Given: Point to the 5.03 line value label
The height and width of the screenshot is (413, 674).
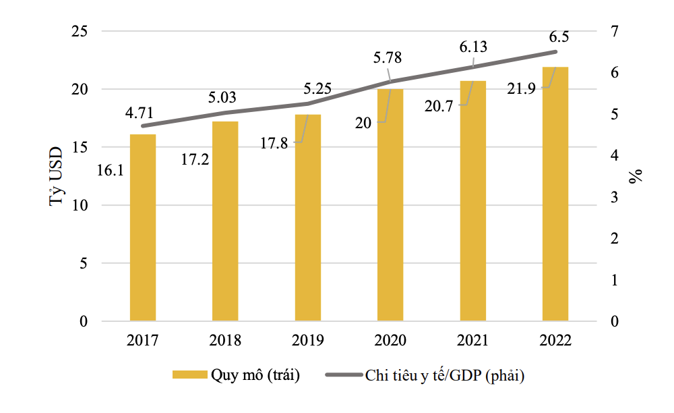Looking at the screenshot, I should coord(223,99).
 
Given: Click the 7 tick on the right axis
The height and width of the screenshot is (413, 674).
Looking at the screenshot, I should coord(615,32).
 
